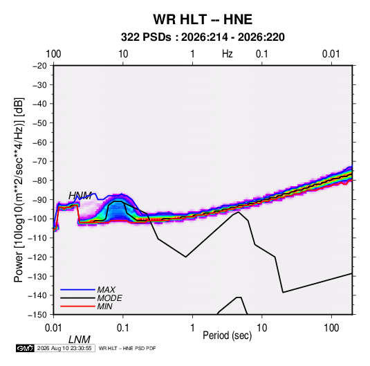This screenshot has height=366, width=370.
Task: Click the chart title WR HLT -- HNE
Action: coord(203,19)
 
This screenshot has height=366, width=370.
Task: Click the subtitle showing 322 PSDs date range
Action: coord(203,37)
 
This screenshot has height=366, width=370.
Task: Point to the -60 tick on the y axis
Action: coord(39,142)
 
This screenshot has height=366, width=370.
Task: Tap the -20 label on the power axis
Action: coord(39,66)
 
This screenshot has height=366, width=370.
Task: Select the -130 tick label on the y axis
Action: coord(37,276)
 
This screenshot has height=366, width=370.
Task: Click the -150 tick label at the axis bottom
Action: coord(37,315)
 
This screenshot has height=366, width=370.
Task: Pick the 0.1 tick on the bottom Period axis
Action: coord(122,328)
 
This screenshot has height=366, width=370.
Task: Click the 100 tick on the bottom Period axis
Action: coord(331,328)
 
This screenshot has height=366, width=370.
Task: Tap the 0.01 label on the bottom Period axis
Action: coord(54,328)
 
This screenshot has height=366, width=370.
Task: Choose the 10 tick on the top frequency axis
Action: coord(123,54)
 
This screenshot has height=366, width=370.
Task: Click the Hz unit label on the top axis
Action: coord(228,54)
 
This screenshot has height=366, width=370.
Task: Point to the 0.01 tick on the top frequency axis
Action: coord(331,54)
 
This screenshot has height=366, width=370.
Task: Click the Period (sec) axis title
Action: coord(228,336)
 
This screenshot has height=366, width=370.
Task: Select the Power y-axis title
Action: coord(19,190)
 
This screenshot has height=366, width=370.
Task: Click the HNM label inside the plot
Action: coord(80,196)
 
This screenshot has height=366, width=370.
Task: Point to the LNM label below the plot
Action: coord(80,340)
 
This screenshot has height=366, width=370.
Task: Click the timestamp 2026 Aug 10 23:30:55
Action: coord(64,348)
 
